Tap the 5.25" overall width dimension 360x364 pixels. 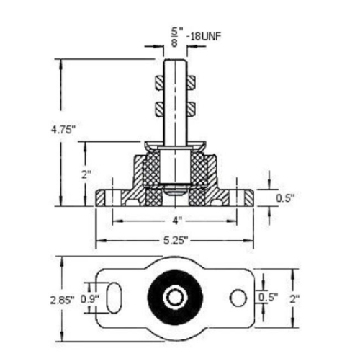[x=176, y=241]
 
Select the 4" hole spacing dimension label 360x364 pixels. [x=176, y=221]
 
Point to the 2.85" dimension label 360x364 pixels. [x=62, y=300]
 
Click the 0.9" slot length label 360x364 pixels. [x=89, y=299]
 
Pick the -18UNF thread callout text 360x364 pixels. [x=204, y=37]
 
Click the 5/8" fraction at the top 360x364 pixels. [x=176, y=37]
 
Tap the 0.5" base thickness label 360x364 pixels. [x=285, y=198]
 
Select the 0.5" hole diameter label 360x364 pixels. [x=268, y=298]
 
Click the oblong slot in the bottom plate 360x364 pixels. [x=114, y=298]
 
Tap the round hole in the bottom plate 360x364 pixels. [x=238, y=298]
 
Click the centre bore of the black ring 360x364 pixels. [x=176, y=298]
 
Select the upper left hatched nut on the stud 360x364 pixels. [x=160, y=83]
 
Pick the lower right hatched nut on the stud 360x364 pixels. [x=191, y=110]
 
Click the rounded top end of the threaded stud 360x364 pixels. [x=175, y=61]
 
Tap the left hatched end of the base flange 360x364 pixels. [x=100, y=197]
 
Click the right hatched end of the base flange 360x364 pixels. [x=249, y=197]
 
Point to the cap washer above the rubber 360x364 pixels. [x=176, y=146]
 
